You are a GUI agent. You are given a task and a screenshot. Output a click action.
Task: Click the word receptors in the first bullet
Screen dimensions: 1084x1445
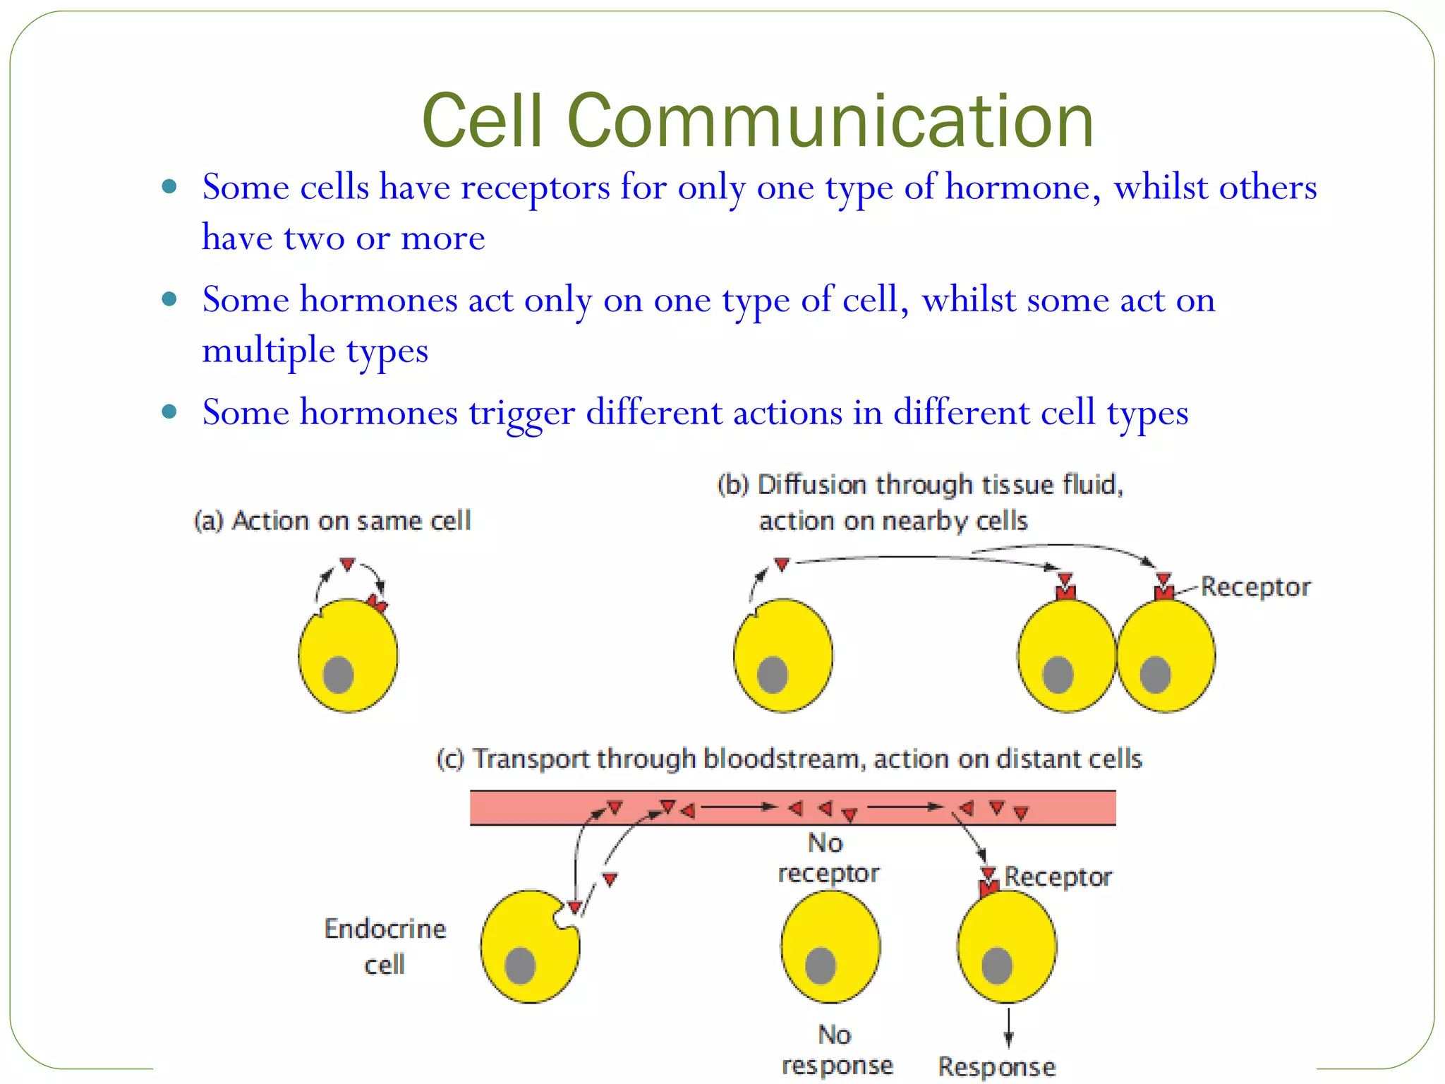pyautogui.click(x=535, y=188)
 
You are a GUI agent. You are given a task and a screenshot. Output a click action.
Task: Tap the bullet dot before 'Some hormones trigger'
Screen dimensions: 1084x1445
pyautogui.click(x=169, y=411)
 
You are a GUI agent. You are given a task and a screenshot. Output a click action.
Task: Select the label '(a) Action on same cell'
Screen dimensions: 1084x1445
pyautogui.click(x=332, y=521)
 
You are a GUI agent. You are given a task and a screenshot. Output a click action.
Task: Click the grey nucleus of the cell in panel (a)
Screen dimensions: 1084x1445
pyautogui.click(x=338, y=675)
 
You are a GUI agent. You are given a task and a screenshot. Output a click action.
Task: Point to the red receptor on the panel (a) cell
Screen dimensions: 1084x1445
pyautogui.click(x=377, y=603)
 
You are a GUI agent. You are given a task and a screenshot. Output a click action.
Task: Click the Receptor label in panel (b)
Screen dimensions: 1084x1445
pyautogui.click(x=1255, y=587)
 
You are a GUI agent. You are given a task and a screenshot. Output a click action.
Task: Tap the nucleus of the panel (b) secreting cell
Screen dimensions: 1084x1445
pyautogui.click(x=772, y=675)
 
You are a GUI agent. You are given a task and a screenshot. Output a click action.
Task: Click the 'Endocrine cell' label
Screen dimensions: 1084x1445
pyautogui.click(x=385, y=946)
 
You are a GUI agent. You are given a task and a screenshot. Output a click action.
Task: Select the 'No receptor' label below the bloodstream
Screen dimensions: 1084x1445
pyautogui.click(x=828, y=858)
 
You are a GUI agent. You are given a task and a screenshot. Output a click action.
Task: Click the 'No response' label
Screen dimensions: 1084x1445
pyautogui.click(x=837, y=1050)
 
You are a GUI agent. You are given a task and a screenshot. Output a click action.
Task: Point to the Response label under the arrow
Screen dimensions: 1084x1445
pyautogui.click(x=996, y=1066)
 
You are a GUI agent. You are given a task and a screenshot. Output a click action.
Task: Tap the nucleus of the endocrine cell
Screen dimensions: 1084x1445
pyautogui.click(x=520, y=965)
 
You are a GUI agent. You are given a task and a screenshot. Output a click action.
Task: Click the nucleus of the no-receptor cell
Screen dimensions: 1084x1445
pyautogui.click(x=821, y=965)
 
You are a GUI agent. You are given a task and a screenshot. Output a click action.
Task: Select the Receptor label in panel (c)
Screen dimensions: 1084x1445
pyautogui.click(x=1058, y=877)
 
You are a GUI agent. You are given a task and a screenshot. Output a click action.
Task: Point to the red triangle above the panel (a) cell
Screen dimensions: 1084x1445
pyautogui.click(x=347, y=564)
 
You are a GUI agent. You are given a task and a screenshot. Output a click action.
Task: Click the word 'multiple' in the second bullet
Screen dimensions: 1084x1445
pyautogui.click(x=268, y=351)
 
